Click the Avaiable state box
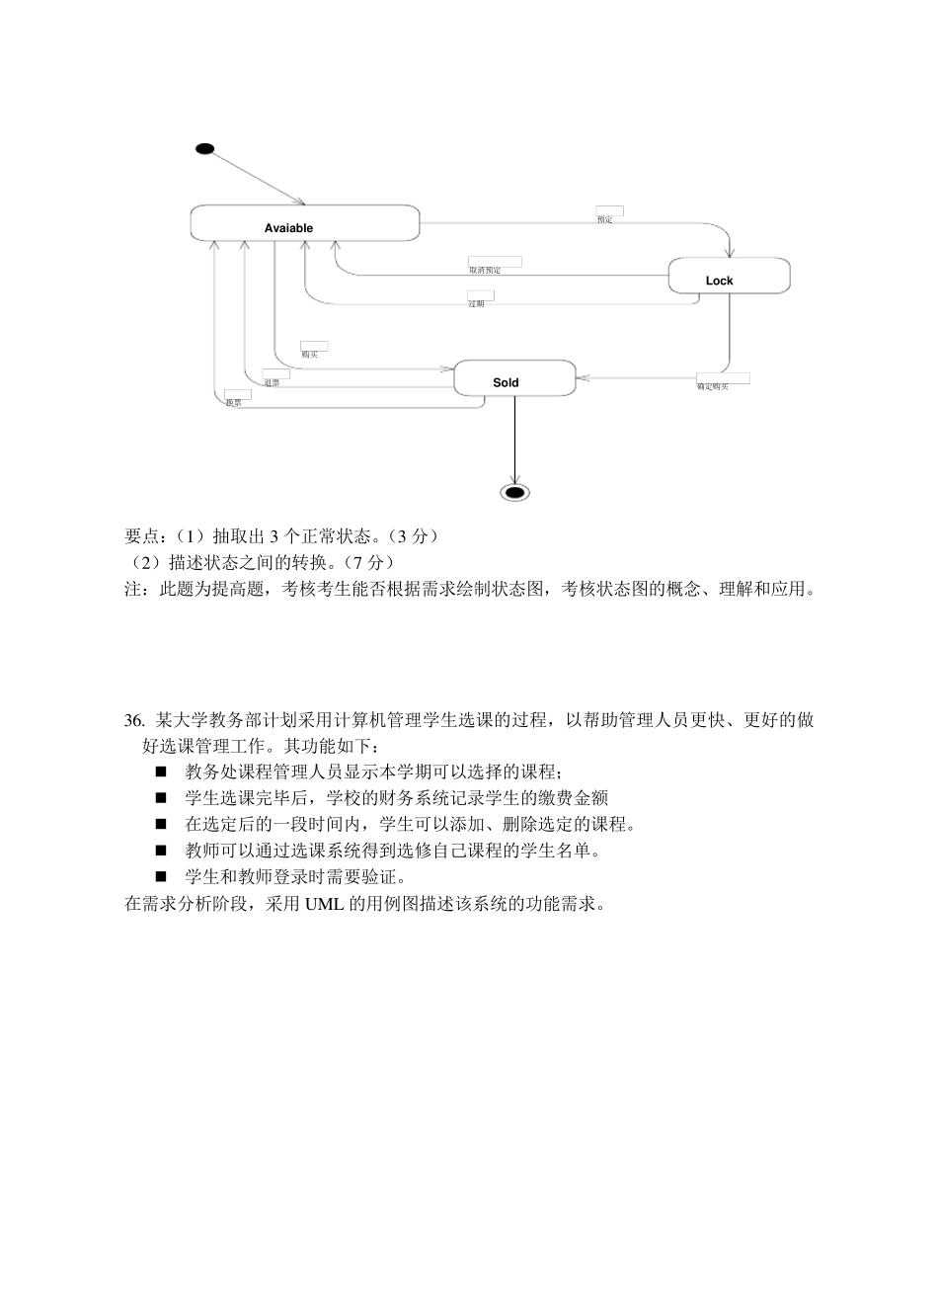point(304,223)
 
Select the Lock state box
point(729,276)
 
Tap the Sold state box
point(513,378)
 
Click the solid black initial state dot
point(204,149)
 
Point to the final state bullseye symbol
point(514,492)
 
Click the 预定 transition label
point(605,219)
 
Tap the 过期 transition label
point(476,303)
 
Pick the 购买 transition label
point(309,354)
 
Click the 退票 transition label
point(271,382)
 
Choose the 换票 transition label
point(233,402)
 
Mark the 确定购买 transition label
point(712,386)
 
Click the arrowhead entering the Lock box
point(730,253)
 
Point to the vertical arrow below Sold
point(514,440)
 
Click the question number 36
point(134,719)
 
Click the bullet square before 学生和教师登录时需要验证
point(161,876)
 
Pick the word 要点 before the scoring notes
point(141,536)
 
